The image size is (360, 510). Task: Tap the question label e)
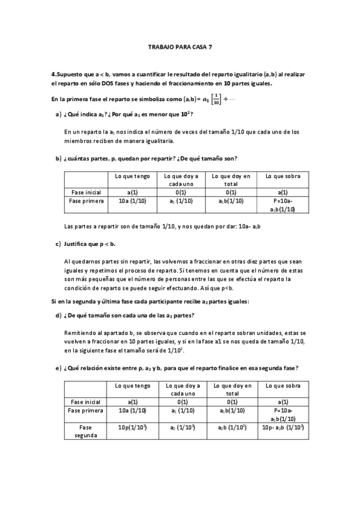[x=58, y=367]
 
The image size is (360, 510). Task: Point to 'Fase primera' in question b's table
[x=87, y=201]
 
